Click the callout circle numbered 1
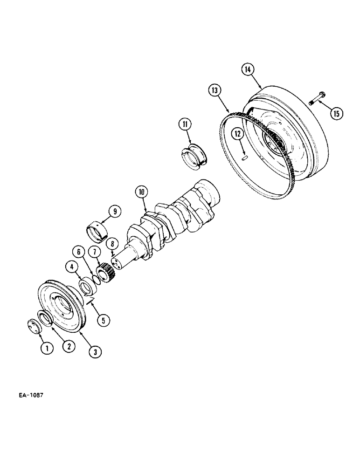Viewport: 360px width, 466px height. (x=46, y=347)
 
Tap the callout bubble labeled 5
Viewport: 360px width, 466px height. (x=103, y=320)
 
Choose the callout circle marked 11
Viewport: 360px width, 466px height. (x=185, y=124)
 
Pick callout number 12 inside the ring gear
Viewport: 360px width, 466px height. (x=238, y=134)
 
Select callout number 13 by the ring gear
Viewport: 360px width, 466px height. (x=215, y=90)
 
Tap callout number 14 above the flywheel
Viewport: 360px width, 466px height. (x=247, y=69)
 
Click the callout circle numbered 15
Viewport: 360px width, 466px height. (x=336, y=113)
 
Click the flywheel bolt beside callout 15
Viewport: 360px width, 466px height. (x=317, y=99)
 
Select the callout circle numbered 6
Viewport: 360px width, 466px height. (x=79, y=252)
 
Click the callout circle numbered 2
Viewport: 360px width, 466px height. (x=68, y=347)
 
